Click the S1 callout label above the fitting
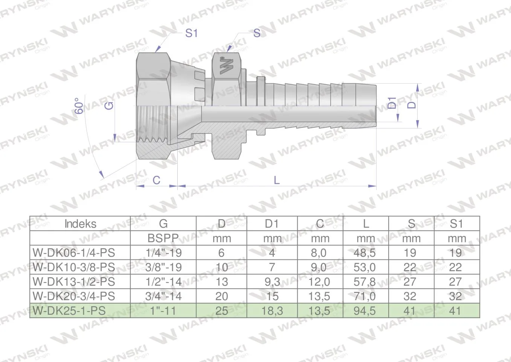click(191, 33)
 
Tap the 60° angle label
click(79, 106)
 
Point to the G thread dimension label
click(109, 106)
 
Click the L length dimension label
click(276, 180)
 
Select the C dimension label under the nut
click(156, 180)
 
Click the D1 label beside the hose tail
click(392, 103)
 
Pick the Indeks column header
click(80, 224)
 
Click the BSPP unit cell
click(163, 238)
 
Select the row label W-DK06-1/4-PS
click(74, 253)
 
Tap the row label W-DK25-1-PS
click(69, 311)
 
